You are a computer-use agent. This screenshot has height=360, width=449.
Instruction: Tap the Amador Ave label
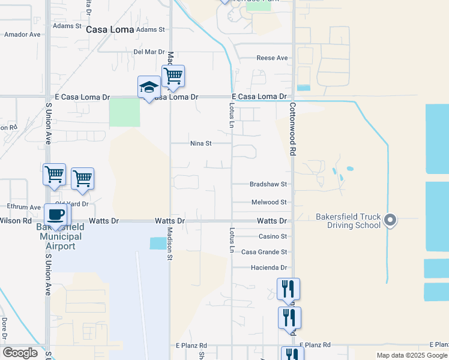[x=22, y=35]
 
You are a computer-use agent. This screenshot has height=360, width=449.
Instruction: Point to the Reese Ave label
[x=272, y=58]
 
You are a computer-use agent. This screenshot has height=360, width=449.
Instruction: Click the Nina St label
[x=200, y=144]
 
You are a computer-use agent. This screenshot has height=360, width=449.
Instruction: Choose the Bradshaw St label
[x=268, y=184]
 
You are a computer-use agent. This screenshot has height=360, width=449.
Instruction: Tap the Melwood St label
[x=268, y=203]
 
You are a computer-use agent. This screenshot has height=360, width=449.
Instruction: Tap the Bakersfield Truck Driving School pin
[x=390, y=220]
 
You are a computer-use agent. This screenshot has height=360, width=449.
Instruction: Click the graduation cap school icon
[x=149, y=88]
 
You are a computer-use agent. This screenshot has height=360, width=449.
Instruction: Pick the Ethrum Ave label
[x=23, y=207]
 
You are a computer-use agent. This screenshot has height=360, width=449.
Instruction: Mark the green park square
[x=124, y=112]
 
